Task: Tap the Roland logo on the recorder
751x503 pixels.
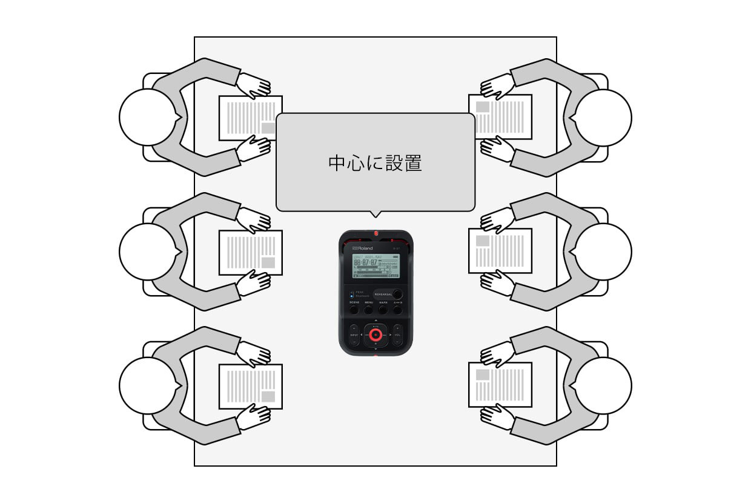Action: [x=363, y=248]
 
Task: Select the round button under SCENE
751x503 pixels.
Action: [x=354, y=310]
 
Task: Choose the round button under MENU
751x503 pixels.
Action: [x=369, y=310]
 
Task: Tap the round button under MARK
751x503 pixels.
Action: [x=383, y=310]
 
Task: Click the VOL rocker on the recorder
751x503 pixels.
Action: [x=397, y=335]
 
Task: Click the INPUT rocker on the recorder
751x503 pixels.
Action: [x=354, y=335]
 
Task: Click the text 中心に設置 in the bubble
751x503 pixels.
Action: [x=375, y=163]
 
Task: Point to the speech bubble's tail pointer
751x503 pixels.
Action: [x=375, y=214]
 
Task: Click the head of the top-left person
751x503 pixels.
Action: [x=147, y=117]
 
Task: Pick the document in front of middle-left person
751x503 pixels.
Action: [x=250, y=252]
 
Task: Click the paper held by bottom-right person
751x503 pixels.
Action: [x=501, y=385]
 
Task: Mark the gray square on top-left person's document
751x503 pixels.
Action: [x=268, y=128]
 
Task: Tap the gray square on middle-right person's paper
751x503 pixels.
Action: [x=483, y=241]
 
